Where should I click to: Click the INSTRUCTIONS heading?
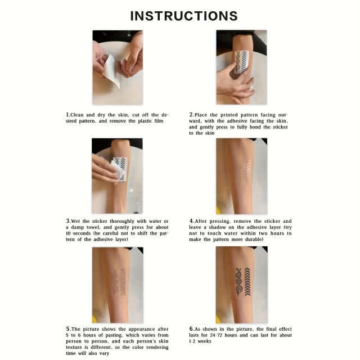184,16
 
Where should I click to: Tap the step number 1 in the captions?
67,115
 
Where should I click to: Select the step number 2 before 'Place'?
191,115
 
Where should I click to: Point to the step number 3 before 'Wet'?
67,221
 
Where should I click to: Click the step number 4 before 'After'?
191,221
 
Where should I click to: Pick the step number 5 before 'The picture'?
67,328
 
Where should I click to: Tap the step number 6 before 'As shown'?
191,328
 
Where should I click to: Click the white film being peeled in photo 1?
111,70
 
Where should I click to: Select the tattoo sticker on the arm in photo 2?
241,62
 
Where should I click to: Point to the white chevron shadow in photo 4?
249,168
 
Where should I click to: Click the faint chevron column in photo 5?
123,282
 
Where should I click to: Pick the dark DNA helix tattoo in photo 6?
238,281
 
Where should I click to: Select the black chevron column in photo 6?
247,282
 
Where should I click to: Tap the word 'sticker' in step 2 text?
280,127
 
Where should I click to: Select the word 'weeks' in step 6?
204,341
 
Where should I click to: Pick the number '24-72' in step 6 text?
216,335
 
